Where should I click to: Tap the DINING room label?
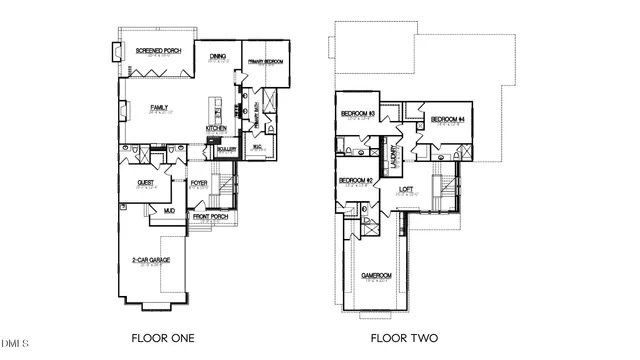click(218, 56)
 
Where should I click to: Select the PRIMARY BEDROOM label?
click(266, 62)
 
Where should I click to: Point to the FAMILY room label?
click(159, 107)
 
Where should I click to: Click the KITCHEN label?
click(218, 129)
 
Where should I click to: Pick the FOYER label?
click(199, 183)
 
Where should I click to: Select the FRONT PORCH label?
click(209, 217)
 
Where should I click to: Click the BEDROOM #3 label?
click(357, 114)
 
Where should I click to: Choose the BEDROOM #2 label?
click(357, 181)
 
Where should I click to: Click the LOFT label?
click(406, 188)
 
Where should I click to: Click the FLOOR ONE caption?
click(163, 338)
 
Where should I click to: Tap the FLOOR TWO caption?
click(404, 338)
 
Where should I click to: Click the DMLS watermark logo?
click(14, 346)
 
